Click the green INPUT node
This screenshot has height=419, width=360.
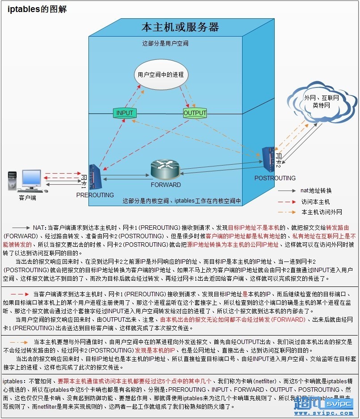pyautogui.click(x=125, y=113)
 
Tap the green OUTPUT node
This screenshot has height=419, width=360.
pyautogui.click(x=195, y=113)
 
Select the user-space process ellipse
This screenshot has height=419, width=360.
pyautogui.click(x=160, y=75)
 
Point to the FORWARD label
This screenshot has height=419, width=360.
pyautogui.click(x=166, y=185)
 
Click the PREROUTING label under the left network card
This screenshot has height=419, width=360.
pyautogui.click(x=95, y=195)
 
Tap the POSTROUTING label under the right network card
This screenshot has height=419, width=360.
pyautogui.click(x=275, y=178)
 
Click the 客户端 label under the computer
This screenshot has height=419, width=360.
pyautogui.click(x=28, y=197)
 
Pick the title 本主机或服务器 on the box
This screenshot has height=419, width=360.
pyautogui.click(x=180, y=27)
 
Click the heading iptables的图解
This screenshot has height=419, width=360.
pyautogui.click(x=37, y=9)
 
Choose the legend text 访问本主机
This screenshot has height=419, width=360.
pyautogui.click(x=315, y=202)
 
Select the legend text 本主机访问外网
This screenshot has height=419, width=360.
pyautogui.click(x=322, y=212)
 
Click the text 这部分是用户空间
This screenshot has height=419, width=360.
pyautogui.click(x=165, y=44)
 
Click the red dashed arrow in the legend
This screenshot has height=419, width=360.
pyautogui.click(x=287, y=202)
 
